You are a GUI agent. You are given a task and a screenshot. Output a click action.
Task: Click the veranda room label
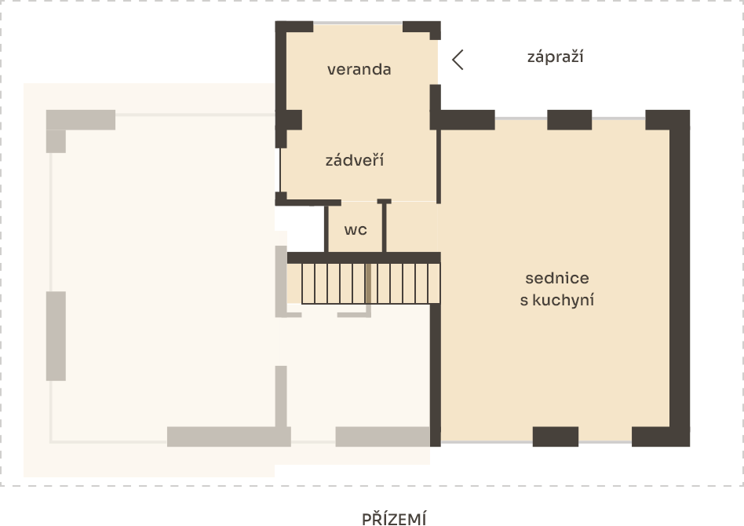click(359, 69)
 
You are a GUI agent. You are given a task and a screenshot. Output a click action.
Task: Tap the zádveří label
click(355, 160)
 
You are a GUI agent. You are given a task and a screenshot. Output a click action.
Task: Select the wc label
click(356, 230)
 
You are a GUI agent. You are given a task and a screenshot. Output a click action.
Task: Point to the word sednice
click(557, 278)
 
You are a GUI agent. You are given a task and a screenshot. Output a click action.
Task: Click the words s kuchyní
click(557, 300)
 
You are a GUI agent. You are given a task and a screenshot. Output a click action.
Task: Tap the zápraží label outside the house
click(555, 57)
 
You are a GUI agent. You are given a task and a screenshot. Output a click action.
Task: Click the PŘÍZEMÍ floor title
click(394, 518)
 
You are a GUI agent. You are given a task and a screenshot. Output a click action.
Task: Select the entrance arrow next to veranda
click(458, 60)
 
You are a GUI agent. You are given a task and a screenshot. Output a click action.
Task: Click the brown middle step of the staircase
click(368, 283)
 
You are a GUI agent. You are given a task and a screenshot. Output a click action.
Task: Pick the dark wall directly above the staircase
click(364, 258)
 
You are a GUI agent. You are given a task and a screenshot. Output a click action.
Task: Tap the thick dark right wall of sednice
click(680, 278)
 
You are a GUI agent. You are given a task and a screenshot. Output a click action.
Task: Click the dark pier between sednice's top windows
click(570, 119)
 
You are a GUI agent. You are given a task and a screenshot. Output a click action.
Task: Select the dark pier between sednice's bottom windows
click(555, 437)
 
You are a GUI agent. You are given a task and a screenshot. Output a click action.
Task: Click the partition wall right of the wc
click(384, 226)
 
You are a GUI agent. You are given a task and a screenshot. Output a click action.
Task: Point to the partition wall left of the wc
click(326, 228)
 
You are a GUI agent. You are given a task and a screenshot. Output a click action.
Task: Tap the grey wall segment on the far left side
click(56, 336)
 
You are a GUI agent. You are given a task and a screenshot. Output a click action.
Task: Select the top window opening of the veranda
click(358, 23)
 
